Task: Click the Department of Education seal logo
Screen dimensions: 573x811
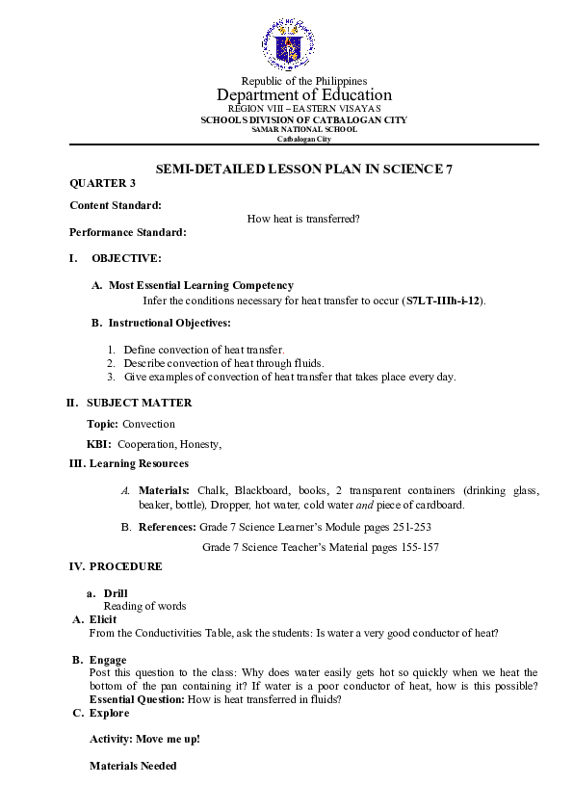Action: pos(287,44)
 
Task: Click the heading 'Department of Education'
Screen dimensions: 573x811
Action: pos(304,94)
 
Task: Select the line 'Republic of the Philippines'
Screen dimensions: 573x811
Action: pos(303,81)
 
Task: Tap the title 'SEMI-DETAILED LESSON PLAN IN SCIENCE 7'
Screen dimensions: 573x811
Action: pos(304,169)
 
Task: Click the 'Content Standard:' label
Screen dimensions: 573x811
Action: pos(116,204)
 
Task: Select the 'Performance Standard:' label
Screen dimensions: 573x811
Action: pos(128,232)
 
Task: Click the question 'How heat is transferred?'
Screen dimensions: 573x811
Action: pos(303,219)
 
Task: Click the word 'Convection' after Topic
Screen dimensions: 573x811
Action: pos(149,424)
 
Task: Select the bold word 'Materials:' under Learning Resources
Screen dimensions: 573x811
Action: pos(165,490)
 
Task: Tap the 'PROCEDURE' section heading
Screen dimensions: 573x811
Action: pos(125,566)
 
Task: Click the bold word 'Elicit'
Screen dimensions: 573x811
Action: pos(103,619)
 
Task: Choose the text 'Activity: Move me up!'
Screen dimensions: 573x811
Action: pos(144,740)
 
